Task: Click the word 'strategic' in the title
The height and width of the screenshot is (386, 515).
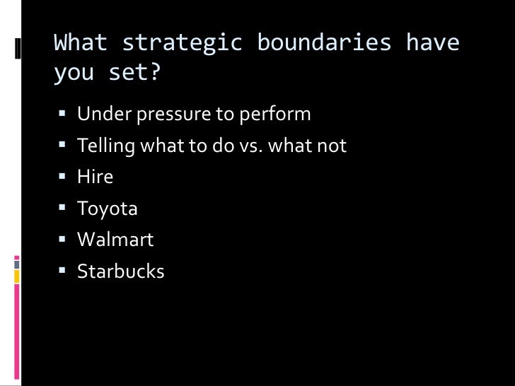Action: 183,44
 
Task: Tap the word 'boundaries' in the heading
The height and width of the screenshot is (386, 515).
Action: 324,44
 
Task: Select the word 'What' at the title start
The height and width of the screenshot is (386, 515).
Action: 81,44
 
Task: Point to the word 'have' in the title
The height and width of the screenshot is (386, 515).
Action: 432,44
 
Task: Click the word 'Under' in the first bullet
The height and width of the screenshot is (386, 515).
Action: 99,114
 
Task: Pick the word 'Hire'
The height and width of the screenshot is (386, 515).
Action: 95,177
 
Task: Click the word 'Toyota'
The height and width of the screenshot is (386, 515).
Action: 108,209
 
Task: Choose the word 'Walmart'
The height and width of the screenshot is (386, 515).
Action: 115,240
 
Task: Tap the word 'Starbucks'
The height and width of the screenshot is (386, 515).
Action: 120,271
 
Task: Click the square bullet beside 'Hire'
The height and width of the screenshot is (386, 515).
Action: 62,177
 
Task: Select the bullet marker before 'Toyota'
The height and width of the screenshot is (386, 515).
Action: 62,209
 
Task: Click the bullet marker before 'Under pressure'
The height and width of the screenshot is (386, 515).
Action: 62,114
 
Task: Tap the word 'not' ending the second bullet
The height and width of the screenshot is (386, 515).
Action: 332,146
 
